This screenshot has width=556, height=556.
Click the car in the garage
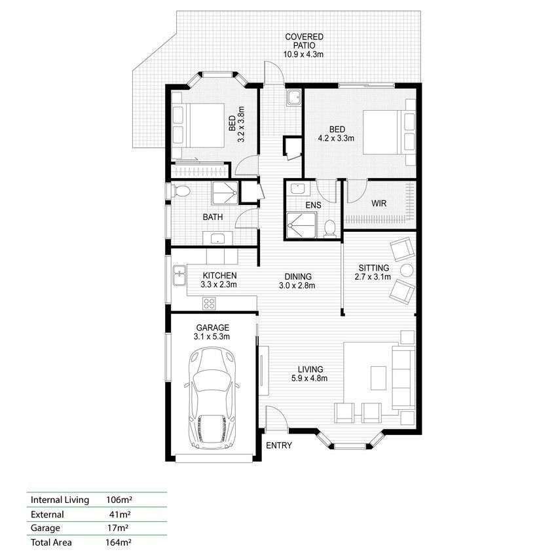pos(212,399)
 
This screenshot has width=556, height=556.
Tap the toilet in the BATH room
pos(181,191)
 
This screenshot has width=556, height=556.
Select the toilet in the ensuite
pos(330,229)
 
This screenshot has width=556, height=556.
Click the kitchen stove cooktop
pos(209,303)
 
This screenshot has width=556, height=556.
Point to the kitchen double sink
pos(179,276)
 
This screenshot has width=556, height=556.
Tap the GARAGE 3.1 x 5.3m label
pos(212,332)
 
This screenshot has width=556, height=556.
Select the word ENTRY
pos(279,445)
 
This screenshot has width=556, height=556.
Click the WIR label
pos(379,204)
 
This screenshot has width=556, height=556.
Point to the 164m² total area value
pos(119,542)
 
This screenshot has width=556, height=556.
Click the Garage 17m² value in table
pos(118,528)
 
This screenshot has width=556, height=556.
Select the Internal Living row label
pos(60,500)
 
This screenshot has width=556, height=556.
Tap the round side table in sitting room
pos(407,270)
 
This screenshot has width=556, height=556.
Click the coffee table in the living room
pos(379,378)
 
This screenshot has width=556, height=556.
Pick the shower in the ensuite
pos(301,225)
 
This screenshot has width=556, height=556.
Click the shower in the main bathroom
pos(225,193)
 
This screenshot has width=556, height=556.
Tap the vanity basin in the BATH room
pos(217,238)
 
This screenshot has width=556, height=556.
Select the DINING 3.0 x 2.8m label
pos(298,281)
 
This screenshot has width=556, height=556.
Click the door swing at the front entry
pos(276,418)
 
